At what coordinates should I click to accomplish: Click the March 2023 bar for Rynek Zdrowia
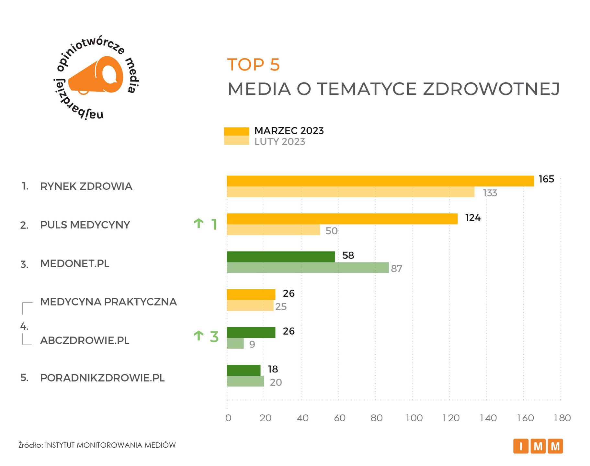coord(380,181)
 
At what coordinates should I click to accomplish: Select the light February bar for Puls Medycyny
coord(273,230)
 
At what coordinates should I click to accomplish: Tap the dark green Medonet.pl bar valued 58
coord(280,257)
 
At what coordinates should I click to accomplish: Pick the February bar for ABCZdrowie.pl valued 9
coord(235,343)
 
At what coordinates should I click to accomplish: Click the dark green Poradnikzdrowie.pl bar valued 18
coord(243,370)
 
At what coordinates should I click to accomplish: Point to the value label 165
coord(546,179)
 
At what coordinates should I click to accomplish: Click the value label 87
coord(396,269)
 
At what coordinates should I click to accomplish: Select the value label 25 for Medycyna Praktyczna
coord(281,307)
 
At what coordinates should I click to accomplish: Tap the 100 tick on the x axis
coord(414,418)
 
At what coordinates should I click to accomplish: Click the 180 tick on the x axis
coord(562,418)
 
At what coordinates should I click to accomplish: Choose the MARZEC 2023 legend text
coord(289,131)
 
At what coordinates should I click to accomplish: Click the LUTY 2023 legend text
coord(279,142)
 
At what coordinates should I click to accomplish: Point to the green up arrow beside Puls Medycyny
coord(199,223)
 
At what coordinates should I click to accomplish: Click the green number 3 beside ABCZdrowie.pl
coord(214,337)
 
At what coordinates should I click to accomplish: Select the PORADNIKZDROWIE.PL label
coord(102,378)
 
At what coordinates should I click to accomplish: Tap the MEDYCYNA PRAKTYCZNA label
coord(108,302)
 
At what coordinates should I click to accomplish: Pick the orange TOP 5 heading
coord(253,65)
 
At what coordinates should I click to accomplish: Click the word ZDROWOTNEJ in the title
coord(491,89)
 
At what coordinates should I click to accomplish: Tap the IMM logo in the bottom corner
coord(538,446)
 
